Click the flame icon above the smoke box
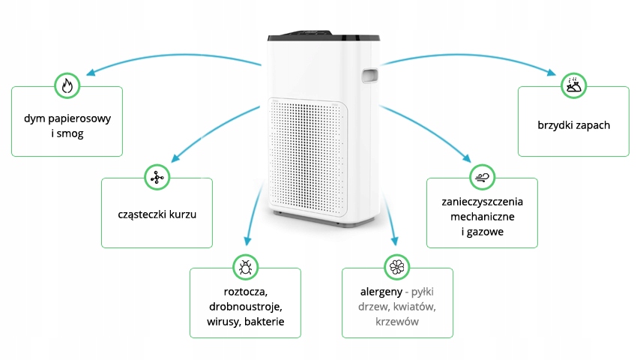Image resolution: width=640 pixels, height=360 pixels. pyautogui.click(x=67, y=85)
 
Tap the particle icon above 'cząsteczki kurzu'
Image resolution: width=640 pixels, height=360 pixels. pyautogui.click(x=157, y=177)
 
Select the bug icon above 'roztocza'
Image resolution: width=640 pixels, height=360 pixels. pyautogui.click(x=245, y=267)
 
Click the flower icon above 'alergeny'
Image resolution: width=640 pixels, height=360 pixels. pyautogui.click(x=396, y=267)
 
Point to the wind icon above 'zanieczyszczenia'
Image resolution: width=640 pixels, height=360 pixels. pyautogui.click(x=481, y=177)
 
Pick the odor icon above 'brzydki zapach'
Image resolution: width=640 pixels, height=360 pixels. pyautogui.click(x=573, y=85)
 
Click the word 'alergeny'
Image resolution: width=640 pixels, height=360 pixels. pyautogui.click(x=381, y=291)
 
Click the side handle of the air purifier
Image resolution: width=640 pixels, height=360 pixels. pyautogui.click(x=368, y=75)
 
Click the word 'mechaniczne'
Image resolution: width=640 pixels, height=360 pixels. pyautogui.click(x=482, y=217)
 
